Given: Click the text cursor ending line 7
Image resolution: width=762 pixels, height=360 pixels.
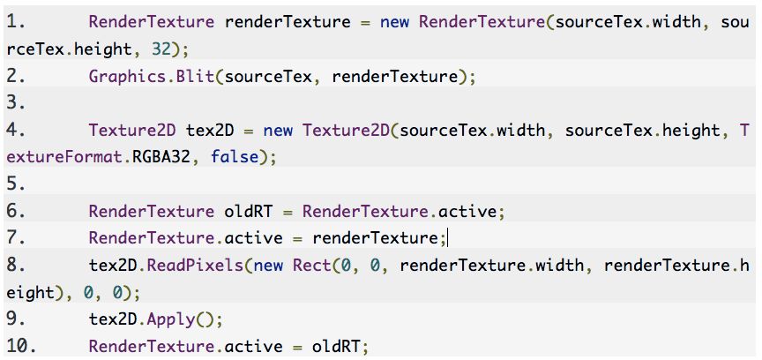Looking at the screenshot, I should tap(449, 238).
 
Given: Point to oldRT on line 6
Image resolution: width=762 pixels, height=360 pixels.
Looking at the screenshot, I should tap(239, 212).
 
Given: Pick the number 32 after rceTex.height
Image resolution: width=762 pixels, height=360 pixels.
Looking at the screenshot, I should tap(166, 49).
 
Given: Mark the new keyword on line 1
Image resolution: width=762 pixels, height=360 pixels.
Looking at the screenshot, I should tap(395, 21).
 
